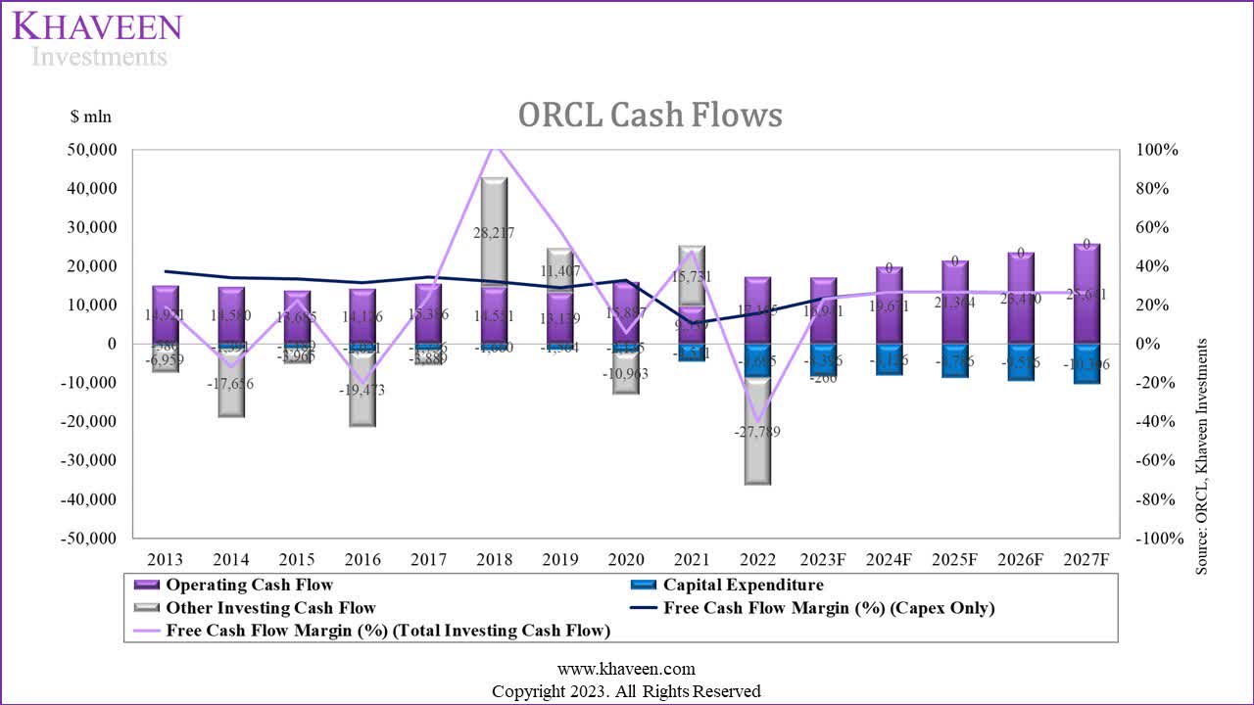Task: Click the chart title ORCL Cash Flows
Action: [650, 116]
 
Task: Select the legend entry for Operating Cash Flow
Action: [251, 586]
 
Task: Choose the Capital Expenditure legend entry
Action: [743, 586]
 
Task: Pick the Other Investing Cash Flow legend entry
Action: [270, 608]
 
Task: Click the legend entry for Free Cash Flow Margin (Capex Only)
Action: [828, 608]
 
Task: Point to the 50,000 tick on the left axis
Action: [89, 150]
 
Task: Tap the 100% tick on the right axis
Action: [1156, 150]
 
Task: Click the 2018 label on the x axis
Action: [495, 560]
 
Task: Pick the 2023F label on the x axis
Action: [824, 560]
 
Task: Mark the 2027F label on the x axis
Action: [1086, 560]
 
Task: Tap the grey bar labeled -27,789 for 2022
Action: [757, 431]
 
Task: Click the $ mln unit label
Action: [91, 117]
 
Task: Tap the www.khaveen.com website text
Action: [626, 670]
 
